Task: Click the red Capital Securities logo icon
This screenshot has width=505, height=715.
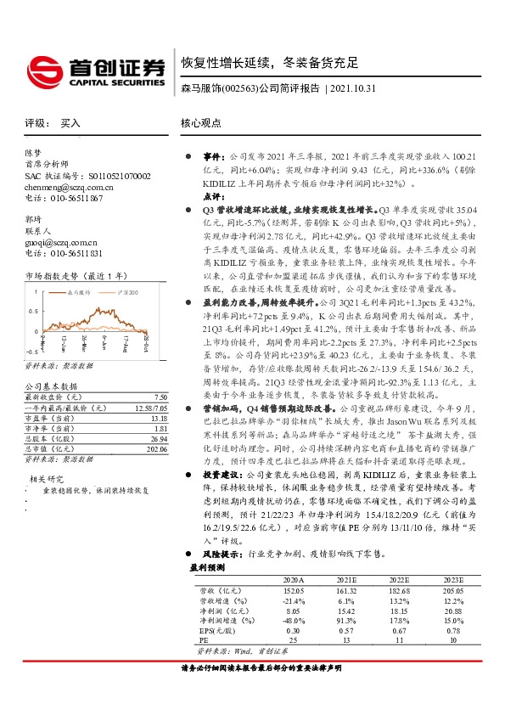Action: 40,68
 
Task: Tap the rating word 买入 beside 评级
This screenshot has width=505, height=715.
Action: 70,123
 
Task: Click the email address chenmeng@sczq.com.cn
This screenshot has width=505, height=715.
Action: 69,186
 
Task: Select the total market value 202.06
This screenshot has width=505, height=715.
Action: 158,449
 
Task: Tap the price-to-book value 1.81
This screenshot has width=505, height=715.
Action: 160,428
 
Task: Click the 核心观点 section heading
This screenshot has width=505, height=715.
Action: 201,123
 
